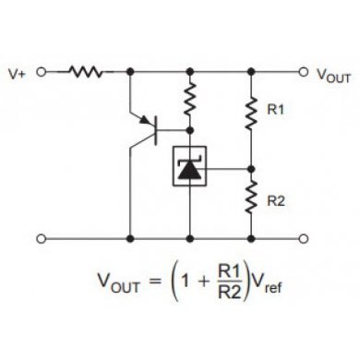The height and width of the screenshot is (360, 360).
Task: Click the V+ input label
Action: [18, 70]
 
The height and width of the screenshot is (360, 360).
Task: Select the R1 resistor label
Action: [275, 110]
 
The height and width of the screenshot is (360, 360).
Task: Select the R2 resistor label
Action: [275, 198]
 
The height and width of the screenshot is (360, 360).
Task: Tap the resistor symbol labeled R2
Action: [250, 198]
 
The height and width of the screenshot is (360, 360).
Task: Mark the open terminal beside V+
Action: [41, 69]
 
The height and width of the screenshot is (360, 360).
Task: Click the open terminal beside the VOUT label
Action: [303, 69]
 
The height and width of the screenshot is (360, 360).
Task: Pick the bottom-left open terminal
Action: [41, 238]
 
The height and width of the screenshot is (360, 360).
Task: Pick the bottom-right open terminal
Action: [303, 238]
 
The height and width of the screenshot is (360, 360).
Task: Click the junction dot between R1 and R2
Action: [250, 169]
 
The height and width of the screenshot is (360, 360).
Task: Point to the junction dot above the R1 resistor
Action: [250, 69]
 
